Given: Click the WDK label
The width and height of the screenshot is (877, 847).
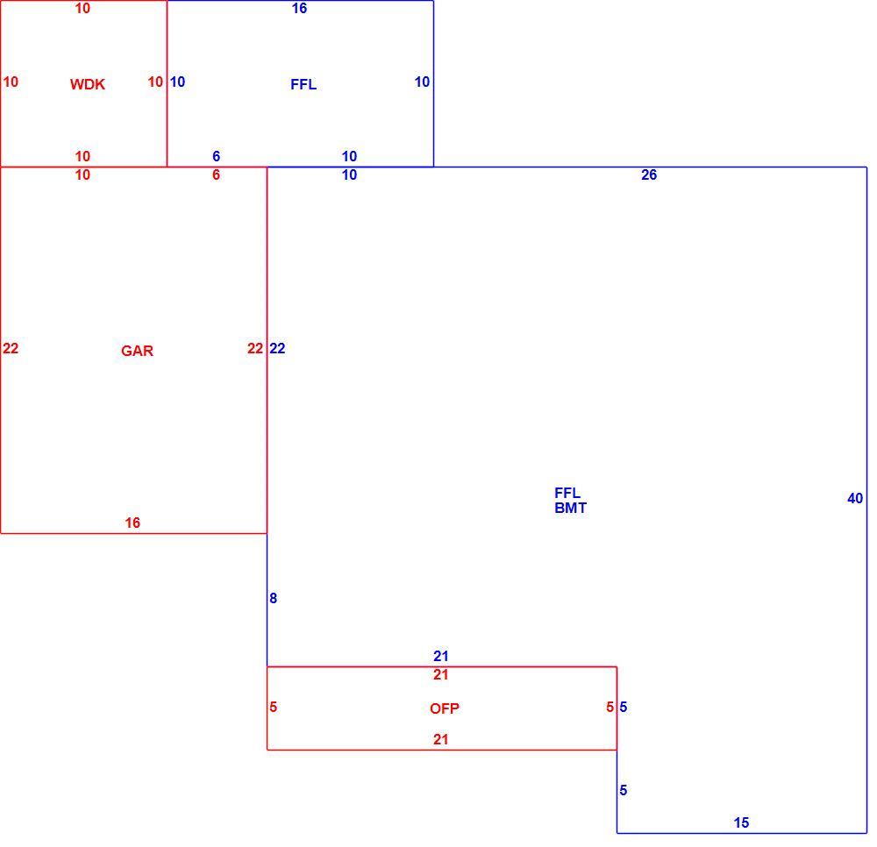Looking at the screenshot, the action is (87, 84).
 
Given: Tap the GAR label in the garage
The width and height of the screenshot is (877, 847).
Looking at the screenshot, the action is (137, 351).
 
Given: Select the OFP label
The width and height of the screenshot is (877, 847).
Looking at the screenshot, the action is (445, 709).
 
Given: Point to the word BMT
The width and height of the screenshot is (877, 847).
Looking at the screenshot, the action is (571, 509).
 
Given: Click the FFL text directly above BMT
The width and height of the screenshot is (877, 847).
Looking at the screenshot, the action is (567, 493).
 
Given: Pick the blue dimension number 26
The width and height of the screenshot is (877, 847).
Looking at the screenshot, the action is (649, 175).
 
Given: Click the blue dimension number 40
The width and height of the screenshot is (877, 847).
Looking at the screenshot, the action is (855, 498).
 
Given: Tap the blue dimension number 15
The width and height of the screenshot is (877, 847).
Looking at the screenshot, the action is (741, 822).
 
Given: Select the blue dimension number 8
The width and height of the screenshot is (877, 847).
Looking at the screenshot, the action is (273, 598).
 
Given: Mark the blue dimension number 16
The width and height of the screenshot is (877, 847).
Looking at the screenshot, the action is (299, 9).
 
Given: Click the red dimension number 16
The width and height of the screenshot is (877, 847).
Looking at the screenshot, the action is (132, 523).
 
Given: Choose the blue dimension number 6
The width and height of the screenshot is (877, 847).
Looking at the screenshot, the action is (217, 157).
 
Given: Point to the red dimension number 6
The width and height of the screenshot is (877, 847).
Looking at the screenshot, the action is (217, 175).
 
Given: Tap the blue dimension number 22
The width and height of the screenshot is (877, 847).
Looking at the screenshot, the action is (277, 349).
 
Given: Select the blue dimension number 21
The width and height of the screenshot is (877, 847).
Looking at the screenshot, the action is (441, 656).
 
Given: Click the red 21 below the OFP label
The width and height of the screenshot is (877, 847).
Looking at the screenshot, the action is (441, 740).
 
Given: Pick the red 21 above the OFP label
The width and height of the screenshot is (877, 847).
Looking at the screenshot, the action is (441, 675).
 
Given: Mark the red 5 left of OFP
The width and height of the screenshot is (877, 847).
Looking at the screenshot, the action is (273, 708).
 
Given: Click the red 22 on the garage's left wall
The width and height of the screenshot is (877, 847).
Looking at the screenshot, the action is (11, 349).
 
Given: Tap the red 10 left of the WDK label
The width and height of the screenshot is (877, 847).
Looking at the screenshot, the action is (11, 82).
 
